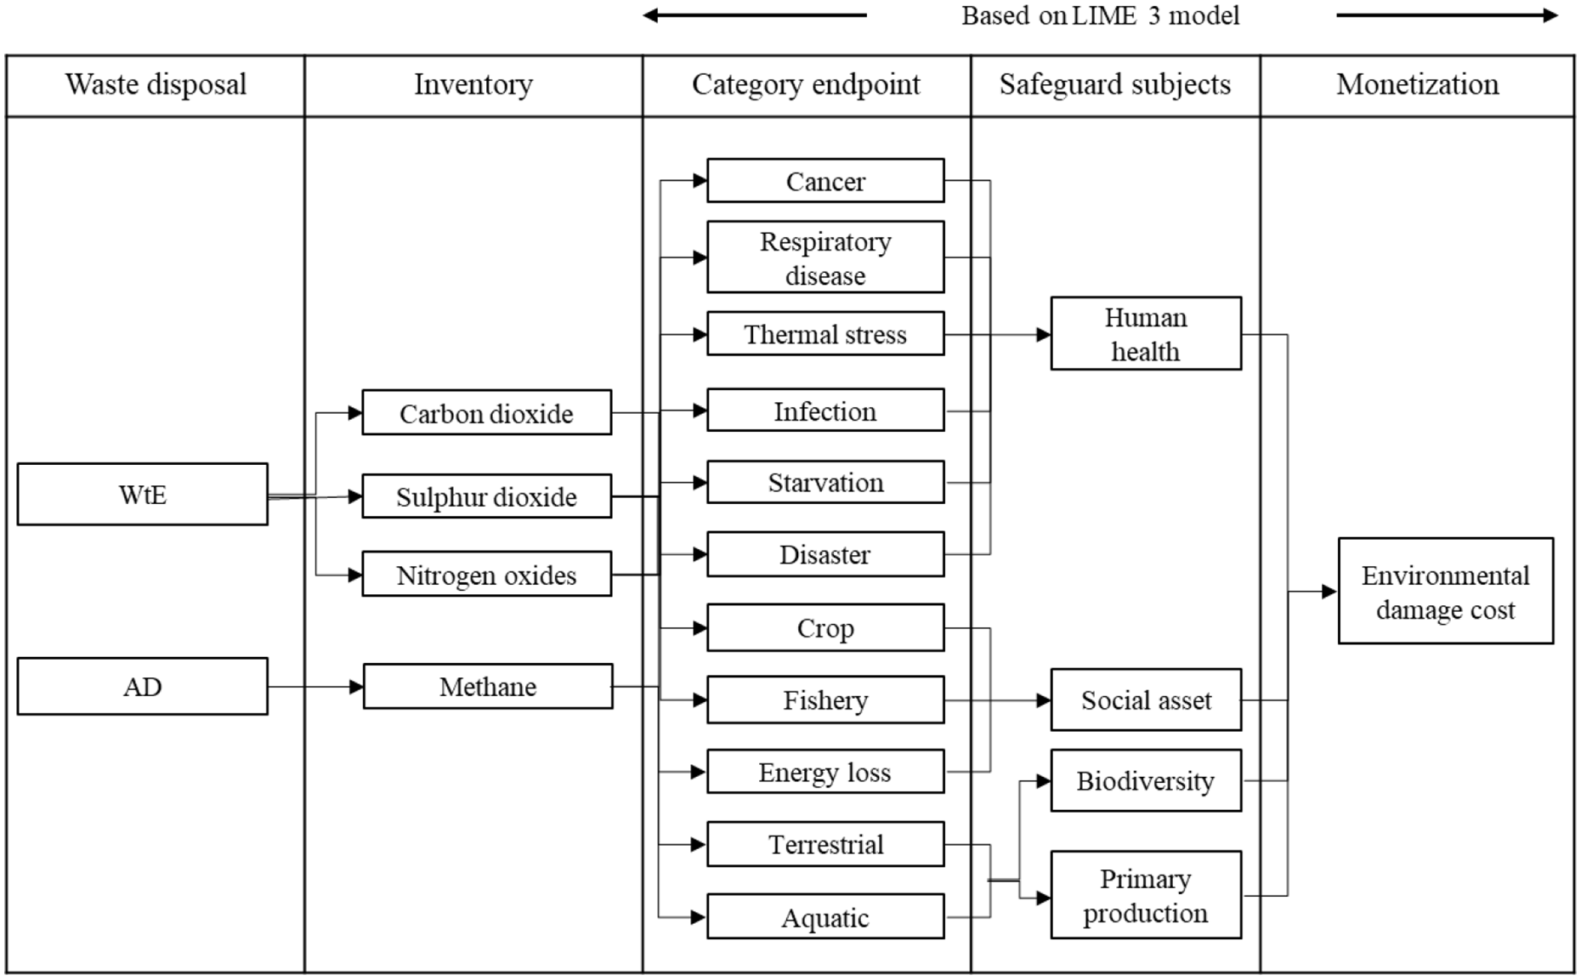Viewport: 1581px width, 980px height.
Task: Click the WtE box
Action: [142, 494]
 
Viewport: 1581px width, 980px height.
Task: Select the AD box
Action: [142, 686]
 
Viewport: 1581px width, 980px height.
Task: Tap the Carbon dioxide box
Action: [486, 412]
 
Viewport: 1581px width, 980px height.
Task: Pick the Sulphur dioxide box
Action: [486, 496]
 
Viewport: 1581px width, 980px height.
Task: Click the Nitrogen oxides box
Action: [486, 574]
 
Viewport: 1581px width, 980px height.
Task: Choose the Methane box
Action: [488, 686]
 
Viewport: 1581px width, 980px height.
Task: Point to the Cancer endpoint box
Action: [825, 180]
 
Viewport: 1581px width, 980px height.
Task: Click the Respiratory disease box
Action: [825, 257]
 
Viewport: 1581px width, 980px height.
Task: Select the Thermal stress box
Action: [825, 333]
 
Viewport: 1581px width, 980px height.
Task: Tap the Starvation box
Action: [825, 482]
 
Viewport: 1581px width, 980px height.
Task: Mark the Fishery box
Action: [825, 700]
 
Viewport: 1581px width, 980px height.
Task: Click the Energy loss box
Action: [825, 771]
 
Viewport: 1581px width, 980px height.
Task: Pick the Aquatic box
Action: [825, 916]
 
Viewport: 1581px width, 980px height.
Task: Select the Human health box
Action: [1146, 333]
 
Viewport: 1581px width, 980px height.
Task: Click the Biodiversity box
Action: [1146, 780]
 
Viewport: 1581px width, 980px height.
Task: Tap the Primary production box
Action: [1146, 895]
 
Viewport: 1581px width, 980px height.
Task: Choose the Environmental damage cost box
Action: [1446, 591]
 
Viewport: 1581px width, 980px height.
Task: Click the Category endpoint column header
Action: [807, 85]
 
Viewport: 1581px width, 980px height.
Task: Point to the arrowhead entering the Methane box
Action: [357, 687]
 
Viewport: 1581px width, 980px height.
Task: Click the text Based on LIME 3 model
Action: [1101, 15]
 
